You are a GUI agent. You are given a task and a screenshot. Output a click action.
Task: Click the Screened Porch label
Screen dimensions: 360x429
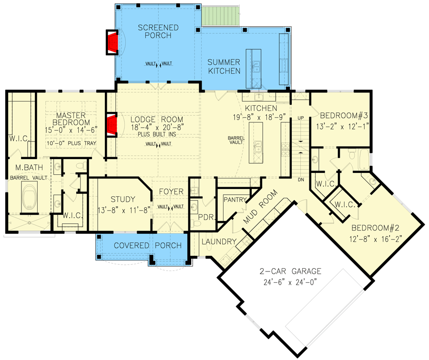click(x=158, y=32)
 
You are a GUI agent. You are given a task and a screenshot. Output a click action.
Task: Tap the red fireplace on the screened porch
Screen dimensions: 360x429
click(x=112, y=42)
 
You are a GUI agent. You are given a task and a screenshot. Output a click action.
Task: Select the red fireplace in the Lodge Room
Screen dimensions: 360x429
click(x=112, y=125)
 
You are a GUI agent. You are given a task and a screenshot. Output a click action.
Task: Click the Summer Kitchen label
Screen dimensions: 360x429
click(x=223, y=66)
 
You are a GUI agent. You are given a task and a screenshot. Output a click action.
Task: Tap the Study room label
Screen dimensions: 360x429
click(x=123, y=199)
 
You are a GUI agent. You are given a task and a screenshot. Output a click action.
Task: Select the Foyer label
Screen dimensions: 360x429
click(x=172, y=191)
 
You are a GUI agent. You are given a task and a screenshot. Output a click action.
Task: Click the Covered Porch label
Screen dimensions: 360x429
click(x=148, y=245)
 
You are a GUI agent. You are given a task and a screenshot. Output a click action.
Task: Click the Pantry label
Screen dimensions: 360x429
click(x=234, y=199)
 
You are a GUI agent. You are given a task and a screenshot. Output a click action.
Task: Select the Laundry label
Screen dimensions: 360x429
click(x=219, y=241)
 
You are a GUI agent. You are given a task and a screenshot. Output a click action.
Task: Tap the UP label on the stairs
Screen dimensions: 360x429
click(x=301, y=117)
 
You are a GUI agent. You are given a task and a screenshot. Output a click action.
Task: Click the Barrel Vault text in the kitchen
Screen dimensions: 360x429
click(x=236, y=139)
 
